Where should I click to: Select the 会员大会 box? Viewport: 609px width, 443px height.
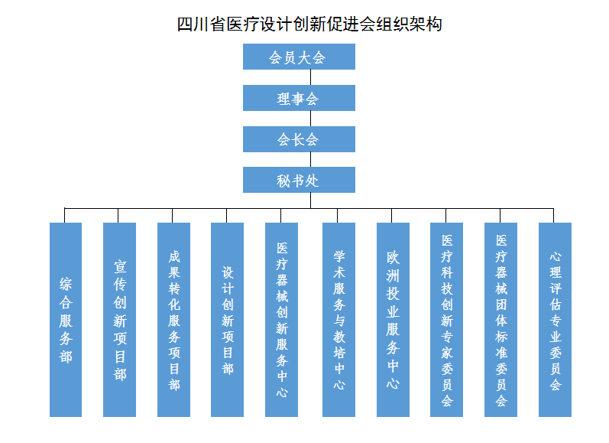tap(299, 57)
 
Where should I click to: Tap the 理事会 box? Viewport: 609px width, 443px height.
tap(299, 98)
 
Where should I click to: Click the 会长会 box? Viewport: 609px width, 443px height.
tap(299, 139)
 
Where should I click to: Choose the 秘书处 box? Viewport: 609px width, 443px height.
tap(299, 181)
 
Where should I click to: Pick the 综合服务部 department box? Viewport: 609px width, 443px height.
tap(66, 319)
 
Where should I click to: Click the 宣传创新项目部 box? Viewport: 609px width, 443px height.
tap(120, 319)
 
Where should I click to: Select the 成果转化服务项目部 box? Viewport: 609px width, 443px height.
tap(174, 319)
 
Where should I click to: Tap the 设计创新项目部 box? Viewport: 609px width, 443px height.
tap(228, 319)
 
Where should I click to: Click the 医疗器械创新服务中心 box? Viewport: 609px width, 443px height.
tap(282, 319)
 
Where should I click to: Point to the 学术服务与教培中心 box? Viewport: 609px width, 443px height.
tap(339, 319)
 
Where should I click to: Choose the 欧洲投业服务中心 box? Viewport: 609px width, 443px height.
tap(393, 319)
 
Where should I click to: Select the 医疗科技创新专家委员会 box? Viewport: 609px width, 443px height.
tap(447, 319)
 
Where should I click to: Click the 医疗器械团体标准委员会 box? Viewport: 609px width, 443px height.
tap(501, 319)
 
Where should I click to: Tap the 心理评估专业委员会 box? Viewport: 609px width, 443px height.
tap(555, 319)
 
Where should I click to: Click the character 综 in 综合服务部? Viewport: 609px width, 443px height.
tap(66, 285)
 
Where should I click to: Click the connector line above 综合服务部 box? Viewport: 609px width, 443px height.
tap(66, 215)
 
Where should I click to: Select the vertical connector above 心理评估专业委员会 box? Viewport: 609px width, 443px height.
tap(555, 215)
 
